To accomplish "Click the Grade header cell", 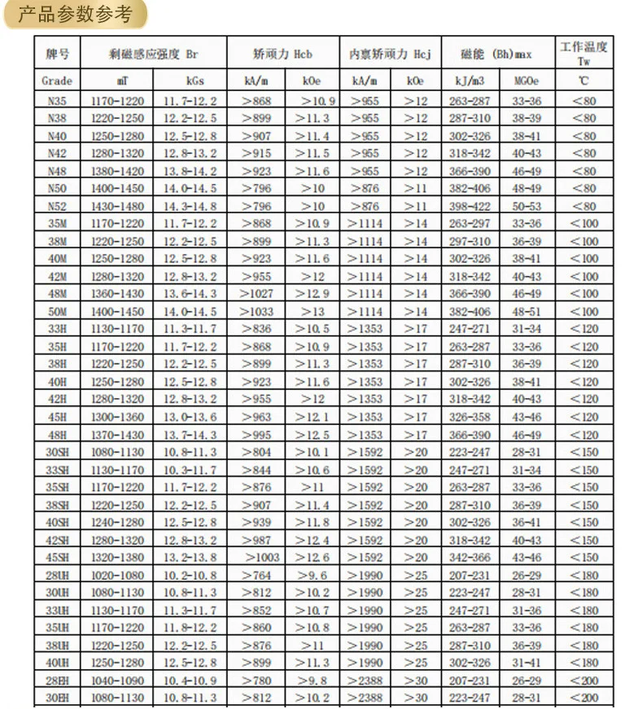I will pyautogui.click(x=57, y=81).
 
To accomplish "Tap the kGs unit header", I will pyautogui.click(x=190, y=81).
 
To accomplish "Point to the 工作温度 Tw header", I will pyautogui.click(x=583, y=54).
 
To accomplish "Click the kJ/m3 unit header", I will pyautogui.click(x=470, y=81).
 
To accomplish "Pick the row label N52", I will pyautogui.click(x=57, y=206).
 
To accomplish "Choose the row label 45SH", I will pyautogui.click(x=57, y=558).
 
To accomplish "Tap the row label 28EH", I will pyautogui.click(x=57, y=681).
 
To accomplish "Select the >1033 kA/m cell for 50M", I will pyautogui.click(x=257, y=312).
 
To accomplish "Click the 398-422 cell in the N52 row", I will pyautogui.click(x=470, y=206).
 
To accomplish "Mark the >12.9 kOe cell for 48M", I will pyautogui.click(x=312, y=294).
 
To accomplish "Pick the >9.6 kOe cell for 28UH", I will pyautogui.click(x=312, y=575).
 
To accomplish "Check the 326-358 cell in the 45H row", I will pyautogui.click(x=470, y=417).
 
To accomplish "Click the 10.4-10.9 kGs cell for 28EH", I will pyautogui.click(x=190, y=681).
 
